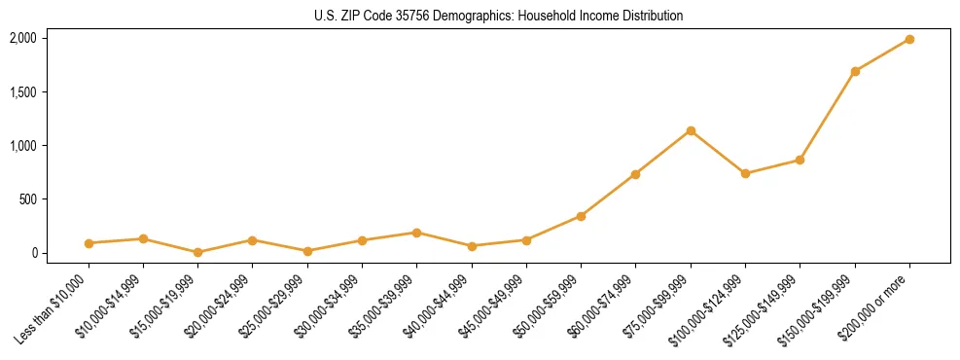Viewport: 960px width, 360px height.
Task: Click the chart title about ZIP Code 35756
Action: pos(498,16)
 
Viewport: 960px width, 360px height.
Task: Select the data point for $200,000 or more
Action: pos(909,39)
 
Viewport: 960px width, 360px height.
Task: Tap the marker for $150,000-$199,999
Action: pos(855,71)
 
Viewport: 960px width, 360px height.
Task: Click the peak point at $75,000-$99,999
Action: pos(691,130)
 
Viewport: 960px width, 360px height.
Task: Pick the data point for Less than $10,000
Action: pos(89,243)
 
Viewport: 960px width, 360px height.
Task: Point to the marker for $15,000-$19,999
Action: pos(197,252)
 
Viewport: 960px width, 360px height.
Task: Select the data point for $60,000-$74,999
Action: pos(635,174)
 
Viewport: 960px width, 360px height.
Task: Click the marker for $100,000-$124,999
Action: pos(745,173)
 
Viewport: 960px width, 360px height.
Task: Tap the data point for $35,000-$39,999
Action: pos(416,233)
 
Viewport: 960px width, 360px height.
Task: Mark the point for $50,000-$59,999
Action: pos(581,216)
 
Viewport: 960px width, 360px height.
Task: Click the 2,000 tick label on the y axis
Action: pos(22,38)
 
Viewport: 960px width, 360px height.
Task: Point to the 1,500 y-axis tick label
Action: pos(22,91)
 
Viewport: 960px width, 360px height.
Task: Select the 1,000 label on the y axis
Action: pos(22,145)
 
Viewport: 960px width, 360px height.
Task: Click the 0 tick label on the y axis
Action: pos(33,253)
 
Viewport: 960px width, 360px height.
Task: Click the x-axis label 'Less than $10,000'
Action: pos(53,308)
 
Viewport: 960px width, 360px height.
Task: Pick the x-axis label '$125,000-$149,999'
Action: pos(764,309)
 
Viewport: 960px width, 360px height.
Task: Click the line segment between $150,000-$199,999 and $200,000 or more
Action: pos(882,54)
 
